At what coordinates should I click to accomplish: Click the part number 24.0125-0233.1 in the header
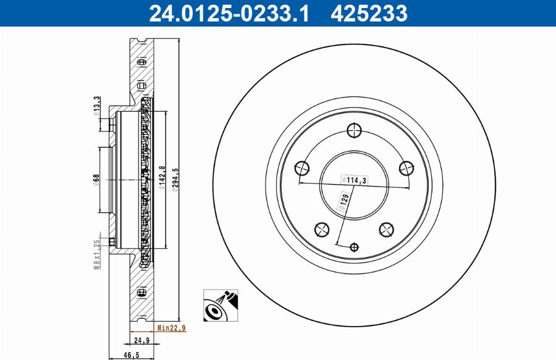point(229,13)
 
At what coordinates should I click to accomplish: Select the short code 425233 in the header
point(369,13)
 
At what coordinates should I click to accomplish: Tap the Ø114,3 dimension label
point(354,180)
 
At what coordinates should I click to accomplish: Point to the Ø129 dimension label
point(344,202)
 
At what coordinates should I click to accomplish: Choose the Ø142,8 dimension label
point(162,178)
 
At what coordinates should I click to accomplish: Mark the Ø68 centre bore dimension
point(96,179)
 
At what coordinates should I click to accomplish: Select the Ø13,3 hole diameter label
point(96,105)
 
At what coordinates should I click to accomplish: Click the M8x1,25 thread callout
point(96,254)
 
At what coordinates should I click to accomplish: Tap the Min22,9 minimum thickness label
point(171,328)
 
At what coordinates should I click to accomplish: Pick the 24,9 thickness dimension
point(143,340)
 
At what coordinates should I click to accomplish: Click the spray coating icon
point(220,305)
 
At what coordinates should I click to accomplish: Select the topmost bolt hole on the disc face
point(354,130)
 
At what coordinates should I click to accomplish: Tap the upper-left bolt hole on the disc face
point(302,168)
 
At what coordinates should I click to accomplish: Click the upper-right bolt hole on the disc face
point(406,168)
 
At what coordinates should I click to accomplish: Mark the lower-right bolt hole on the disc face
point(386,230)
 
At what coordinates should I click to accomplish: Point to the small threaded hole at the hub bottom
point(354,247)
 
